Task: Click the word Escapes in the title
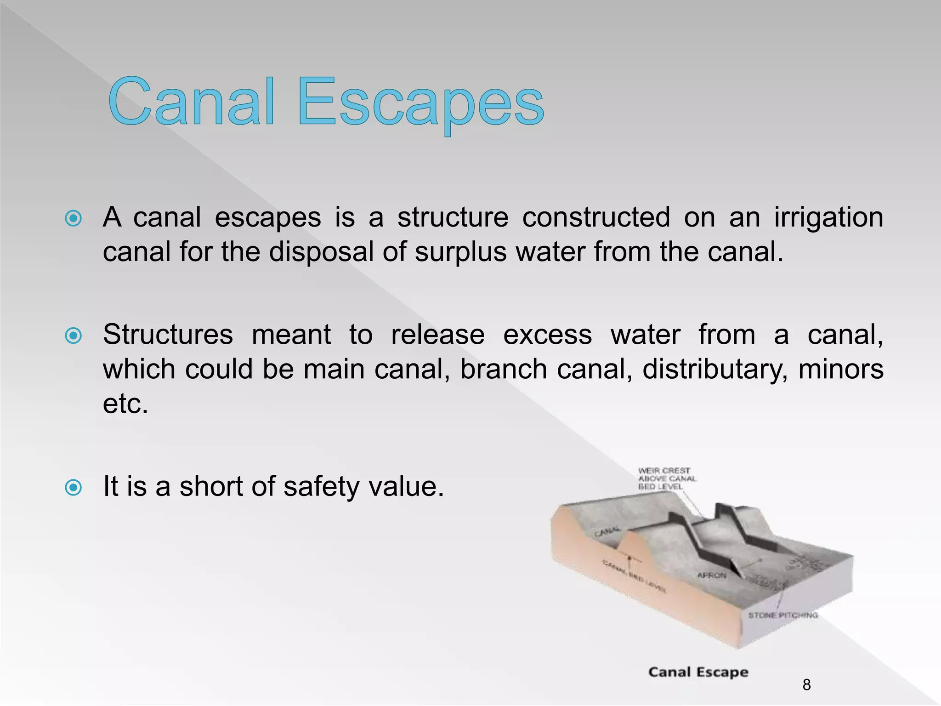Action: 420,103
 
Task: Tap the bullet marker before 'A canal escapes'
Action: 74,218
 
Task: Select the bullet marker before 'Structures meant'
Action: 74,336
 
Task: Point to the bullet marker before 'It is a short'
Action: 74,487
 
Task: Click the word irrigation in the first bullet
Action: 828,218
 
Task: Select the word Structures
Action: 168,335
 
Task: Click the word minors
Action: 841,369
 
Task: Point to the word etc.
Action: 125,404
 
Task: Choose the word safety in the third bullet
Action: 321,487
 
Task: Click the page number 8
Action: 806,685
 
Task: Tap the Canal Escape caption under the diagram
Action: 698,672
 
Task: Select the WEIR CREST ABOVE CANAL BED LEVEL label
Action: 666,478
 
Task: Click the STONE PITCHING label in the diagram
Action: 783,615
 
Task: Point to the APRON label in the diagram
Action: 712,575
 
